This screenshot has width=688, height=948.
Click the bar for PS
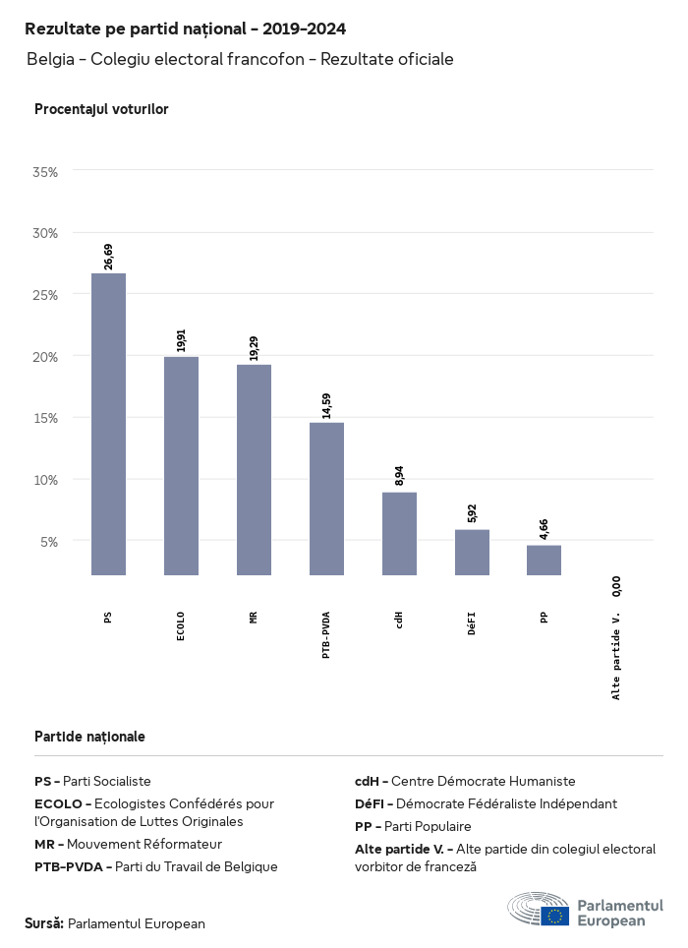108,424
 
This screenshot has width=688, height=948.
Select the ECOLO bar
181,465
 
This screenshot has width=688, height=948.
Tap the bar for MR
254,469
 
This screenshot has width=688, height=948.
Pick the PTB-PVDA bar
326,499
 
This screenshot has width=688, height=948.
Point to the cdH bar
399,533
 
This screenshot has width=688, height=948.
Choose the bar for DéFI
472,552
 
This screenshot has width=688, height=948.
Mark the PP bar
544,560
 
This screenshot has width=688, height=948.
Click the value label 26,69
108,256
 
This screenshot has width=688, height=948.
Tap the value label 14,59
326,405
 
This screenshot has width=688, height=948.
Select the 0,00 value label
616,586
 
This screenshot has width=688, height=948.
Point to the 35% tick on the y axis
45,171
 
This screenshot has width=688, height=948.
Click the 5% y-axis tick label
49,541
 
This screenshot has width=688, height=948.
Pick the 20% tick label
45,356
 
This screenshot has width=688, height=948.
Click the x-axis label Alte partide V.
616,654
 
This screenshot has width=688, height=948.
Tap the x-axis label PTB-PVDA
326,634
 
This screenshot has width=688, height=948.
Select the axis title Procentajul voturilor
101,109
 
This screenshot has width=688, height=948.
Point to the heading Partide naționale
89,736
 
